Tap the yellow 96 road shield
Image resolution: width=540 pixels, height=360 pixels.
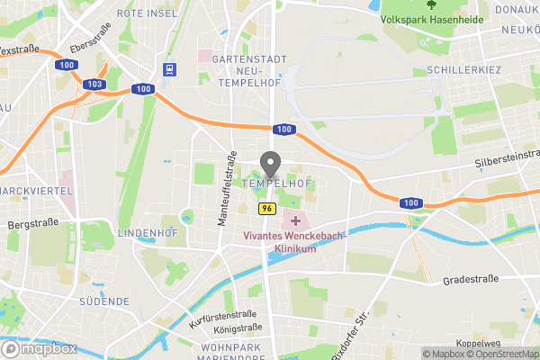pyautogui.click(x=266, y=209)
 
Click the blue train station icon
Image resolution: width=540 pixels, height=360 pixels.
pyautogui.click(x=168, y=69)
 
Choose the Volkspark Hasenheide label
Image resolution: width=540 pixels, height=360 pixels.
pyautogui.click(x=432, y=19)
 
